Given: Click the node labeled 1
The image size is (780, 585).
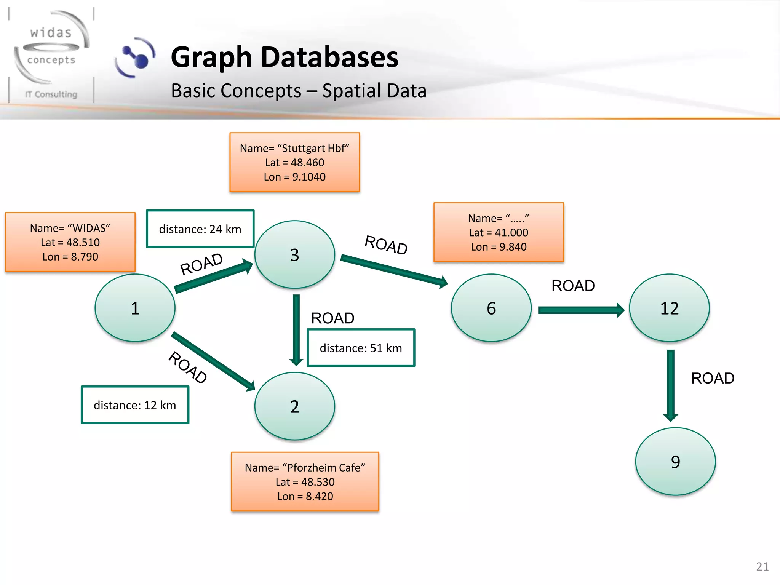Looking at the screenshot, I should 135,308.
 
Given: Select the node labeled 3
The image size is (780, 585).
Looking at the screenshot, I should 294,254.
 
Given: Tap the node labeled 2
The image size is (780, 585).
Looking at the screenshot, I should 294,406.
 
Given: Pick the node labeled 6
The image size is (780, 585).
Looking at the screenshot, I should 491,308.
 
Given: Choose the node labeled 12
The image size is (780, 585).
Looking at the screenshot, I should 669,308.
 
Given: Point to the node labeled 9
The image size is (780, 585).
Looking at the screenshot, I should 675,461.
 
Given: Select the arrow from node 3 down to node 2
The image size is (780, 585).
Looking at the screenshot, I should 296,329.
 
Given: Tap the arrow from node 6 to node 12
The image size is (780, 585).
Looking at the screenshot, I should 580,310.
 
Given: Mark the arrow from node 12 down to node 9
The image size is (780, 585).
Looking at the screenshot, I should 671,385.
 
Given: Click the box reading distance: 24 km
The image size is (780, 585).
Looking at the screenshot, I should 200,229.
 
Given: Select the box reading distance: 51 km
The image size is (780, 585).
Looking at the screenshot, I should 361,348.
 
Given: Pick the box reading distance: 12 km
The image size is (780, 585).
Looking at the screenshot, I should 135,405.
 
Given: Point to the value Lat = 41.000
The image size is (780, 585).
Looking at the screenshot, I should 498,232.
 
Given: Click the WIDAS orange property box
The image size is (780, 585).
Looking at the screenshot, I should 70,242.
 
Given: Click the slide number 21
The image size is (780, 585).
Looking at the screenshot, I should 762,566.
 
